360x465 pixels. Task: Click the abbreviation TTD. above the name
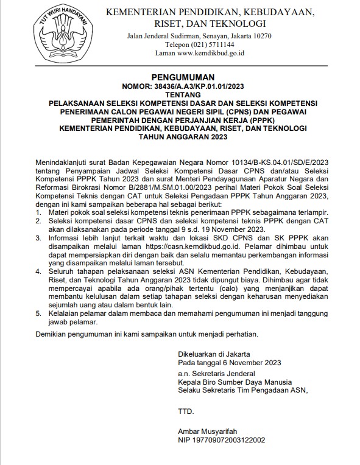[185, 412]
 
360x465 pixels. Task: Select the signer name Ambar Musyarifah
[206, 429]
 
